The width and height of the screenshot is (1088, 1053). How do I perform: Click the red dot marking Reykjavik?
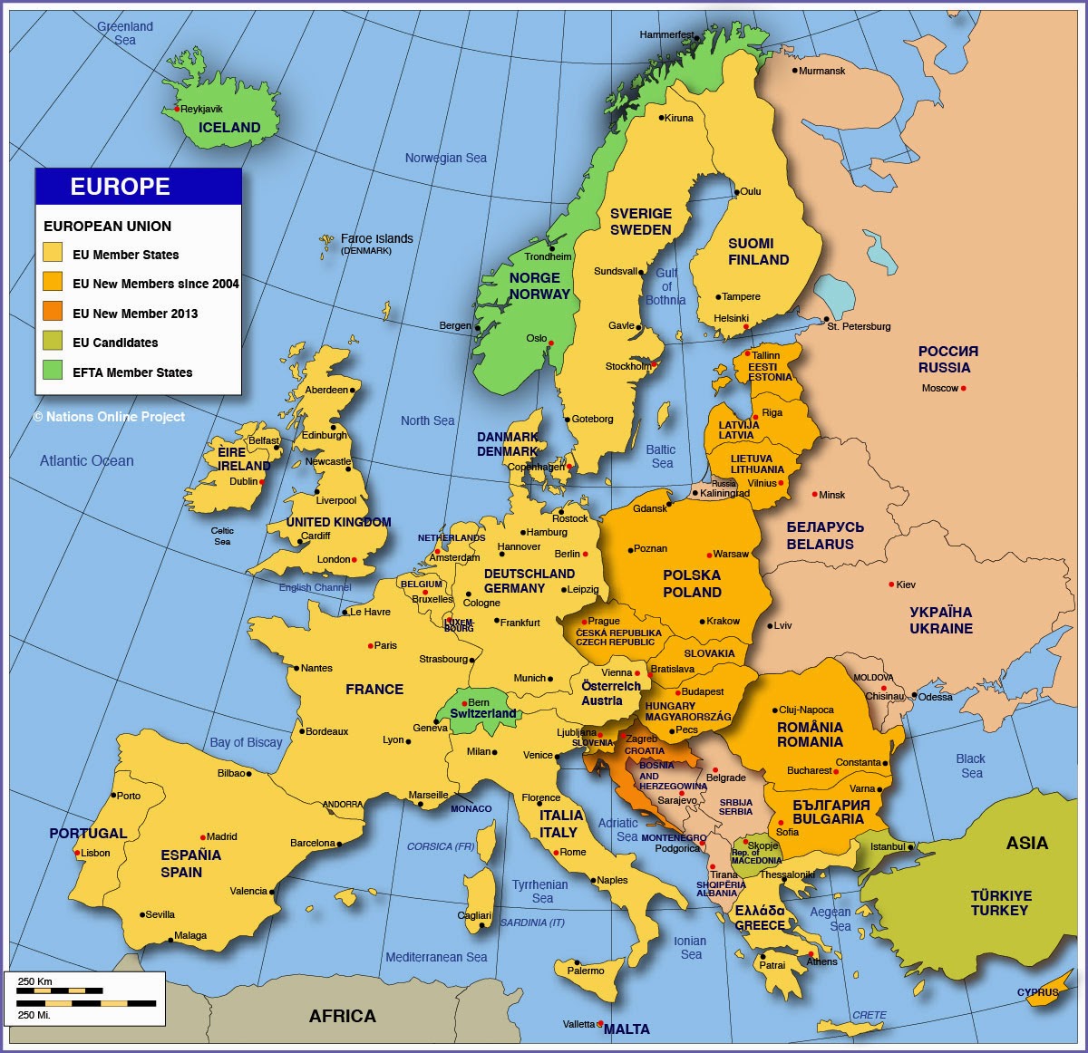point(177,110)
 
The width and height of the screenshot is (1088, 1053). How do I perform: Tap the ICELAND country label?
point(229,128)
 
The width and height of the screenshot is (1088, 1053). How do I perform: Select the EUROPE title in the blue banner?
point(121,187)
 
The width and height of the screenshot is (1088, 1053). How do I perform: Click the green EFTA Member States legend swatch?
point(53,371)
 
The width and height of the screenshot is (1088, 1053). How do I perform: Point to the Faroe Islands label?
point(376,238)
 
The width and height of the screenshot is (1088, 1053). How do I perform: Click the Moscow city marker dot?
point(964,389)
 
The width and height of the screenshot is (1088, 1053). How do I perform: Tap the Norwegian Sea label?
point(445,158)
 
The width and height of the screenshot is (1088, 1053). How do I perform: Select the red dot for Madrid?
point(203,837)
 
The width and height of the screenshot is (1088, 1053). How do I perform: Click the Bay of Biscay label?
point(246,742)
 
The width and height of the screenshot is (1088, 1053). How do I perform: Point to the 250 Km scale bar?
point(60,991)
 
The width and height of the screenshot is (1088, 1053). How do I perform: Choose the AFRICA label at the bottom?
point(342,1016)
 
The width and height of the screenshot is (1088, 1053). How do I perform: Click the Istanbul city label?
point(888,846)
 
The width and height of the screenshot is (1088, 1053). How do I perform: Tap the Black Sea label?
point(970,766)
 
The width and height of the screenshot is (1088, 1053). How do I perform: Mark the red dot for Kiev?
point(891,584)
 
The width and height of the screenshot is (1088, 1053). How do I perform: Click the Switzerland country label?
point(482,713)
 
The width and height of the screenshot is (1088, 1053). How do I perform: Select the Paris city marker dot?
point(371,646)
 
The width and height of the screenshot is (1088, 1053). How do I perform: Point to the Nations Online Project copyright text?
point(109,417)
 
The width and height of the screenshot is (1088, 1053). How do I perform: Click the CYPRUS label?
point(1037,992)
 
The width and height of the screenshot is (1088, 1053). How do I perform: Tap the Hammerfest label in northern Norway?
point(666,35)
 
